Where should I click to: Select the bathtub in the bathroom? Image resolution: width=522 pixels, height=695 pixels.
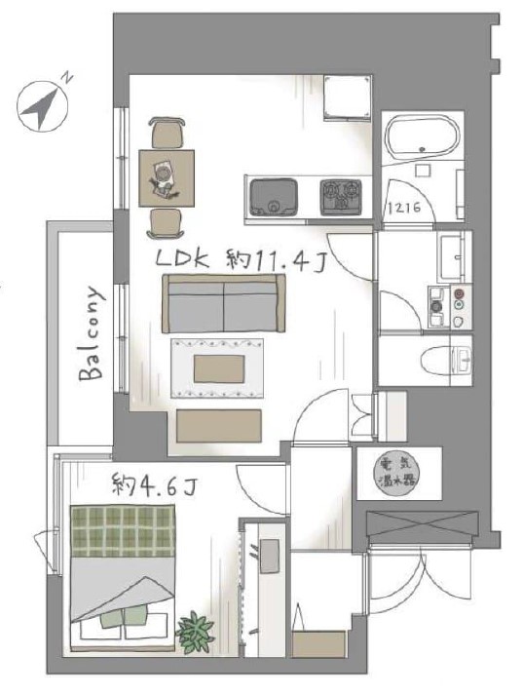pos(421,136)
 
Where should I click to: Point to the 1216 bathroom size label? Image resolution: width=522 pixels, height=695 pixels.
pos(404,207)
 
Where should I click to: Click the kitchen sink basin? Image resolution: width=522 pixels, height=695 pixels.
pos(273,197)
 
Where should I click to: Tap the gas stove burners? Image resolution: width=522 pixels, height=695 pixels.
pos(340,196)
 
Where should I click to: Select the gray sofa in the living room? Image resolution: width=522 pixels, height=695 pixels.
pos(224,303)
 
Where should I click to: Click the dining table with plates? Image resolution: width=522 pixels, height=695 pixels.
pos(167,178)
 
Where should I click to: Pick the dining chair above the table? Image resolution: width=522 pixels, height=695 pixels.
pos(167,133)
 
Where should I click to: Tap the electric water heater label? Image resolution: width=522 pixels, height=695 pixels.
pos(397,473)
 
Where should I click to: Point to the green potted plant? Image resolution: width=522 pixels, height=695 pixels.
pos(195,631)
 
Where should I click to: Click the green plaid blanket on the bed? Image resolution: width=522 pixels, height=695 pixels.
pos(123,531)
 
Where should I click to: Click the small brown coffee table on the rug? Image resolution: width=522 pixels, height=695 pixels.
pos(219,368)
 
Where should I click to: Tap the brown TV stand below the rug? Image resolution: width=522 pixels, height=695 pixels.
pos(219,426)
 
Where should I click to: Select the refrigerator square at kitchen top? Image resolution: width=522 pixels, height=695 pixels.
pos(347,97)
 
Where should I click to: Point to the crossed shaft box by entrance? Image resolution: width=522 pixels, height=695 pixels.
pos(423,526)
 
